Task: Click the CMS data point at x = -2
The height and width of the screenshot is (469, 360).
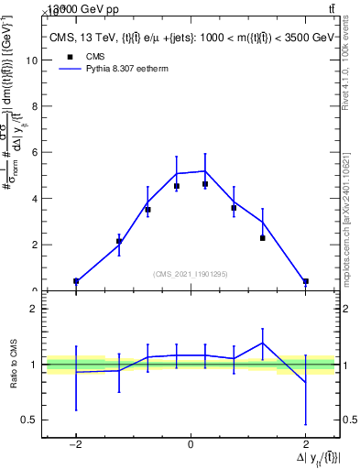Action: pos(76,281)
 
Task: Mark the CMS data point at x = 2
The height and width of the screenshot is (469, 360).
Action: pos(305,281)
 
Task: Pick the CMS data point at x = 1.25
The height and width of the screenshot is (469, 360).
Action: pos(262,238)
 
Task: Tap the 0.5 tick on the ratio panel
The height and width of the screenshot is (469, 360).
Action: pos(30,420)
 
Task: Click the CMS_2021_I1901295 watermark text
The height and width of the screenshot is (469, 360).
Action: pos(190,274)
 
